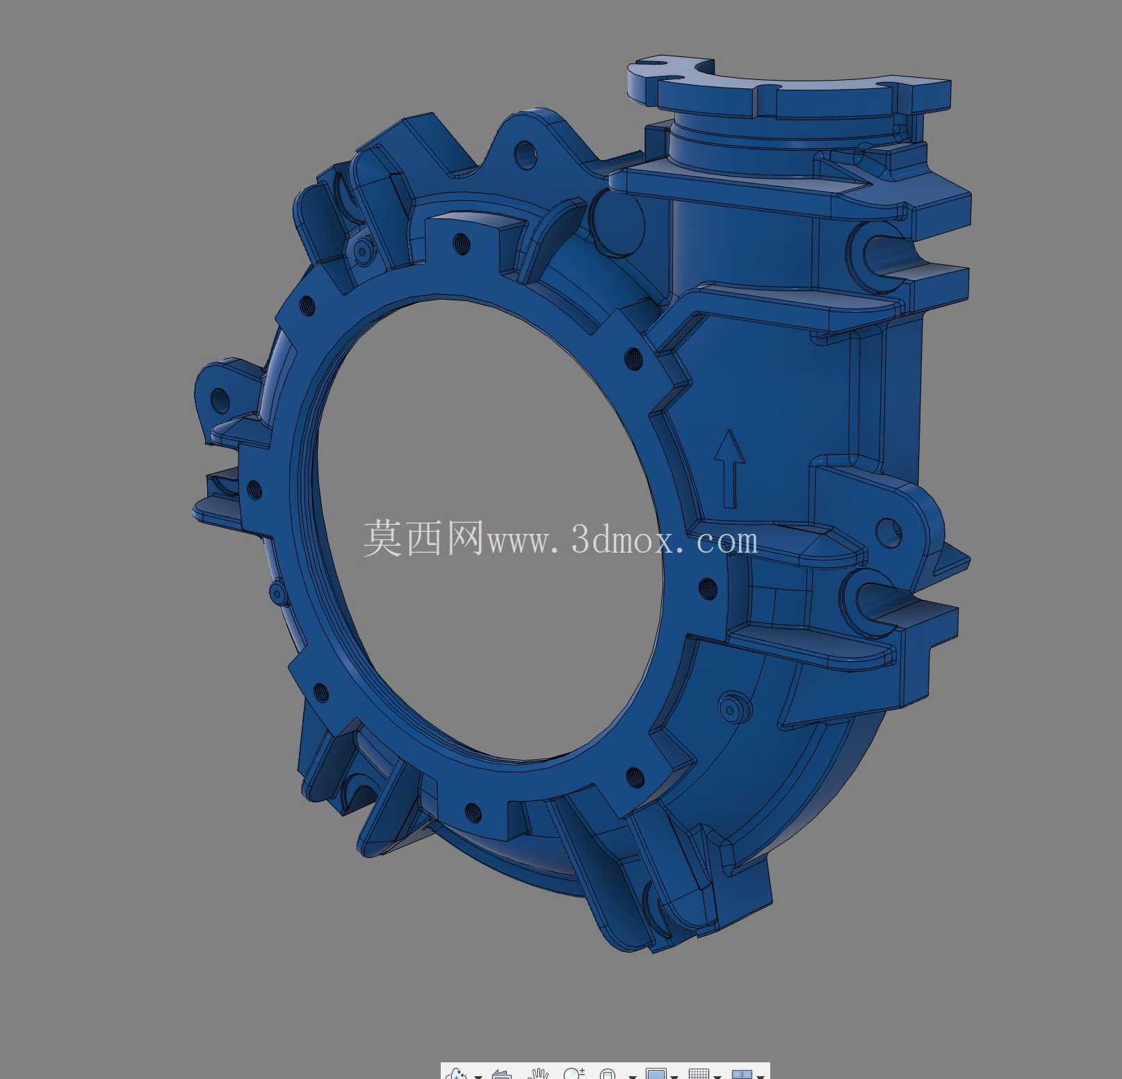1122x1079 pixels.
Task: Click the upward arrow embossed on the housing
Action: (729, 469)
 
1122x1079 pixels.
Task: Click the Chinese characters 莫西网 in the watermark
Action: (423, 538)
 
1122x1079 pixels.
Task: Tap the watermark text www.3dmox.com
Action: (622, 540)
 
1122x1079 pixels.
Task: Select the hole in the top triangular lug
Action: (526, 155)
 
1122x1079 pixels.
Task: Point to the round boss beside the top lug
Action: (617, 222)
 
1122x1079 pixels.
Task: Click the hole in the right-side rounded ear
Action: (888, 533)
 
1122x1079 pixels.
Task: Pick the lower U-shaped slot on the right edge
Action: (873, 602)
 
